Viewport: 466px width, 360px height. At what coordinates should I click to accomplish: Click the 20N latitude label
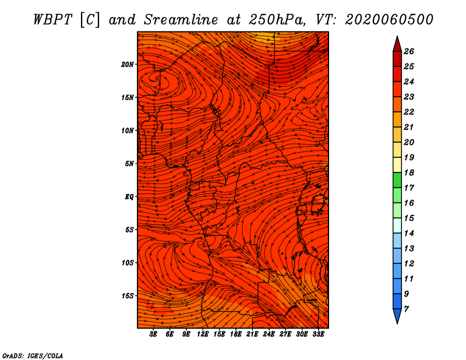coord(127,64)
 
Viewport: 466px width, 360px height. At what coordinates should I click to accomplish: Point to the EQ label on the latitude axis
coord(129,196)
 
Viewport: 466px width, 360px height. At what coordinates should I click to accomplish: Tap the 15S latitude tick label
coord(127,296)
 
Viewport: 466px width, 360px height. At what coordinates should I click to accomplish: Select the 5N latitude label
coord(129,164)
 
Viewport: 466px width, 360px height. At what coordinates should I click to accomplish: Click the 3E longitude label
coord(153,334)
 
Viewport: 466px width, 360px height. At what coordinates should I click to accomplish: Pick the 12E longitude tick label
coord(202,334)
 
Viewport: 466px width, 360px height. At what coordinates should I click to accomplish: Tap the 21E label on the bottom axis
coord(252,334)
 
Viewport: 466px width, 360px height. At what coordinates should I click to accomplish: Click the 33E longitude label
coord(318,334)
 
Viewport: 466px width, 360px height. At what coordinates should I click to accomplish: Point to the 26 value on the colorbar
coord(409,51)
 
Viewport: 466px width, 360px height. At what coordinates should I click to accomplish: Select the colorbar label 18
coord(409,172)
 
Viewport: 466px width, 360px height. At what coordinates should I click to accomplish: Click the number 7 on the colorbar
coord(406,309)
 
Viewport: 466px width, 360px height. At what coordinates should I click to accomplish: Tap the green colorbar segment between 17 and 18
coord(397,180)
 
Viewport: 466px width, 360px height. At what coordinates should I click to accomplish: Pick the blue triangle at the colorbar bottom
coord(397,316)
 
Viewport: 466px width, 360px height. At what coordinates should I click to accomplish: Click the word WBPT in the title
coord(52,20)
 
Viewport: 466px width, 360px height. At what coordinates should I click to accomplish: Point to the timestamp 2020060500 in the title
coord(389,20)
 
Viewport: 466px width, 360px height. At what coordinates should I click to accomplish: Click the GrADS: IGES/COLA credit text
coord(33,355)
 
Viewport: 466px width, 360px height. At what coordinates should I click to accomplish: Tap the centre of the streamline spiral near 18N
coord(157,79)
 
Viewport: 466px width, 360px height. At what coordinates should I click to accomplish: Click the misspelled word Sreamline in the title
coord(181,20)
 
